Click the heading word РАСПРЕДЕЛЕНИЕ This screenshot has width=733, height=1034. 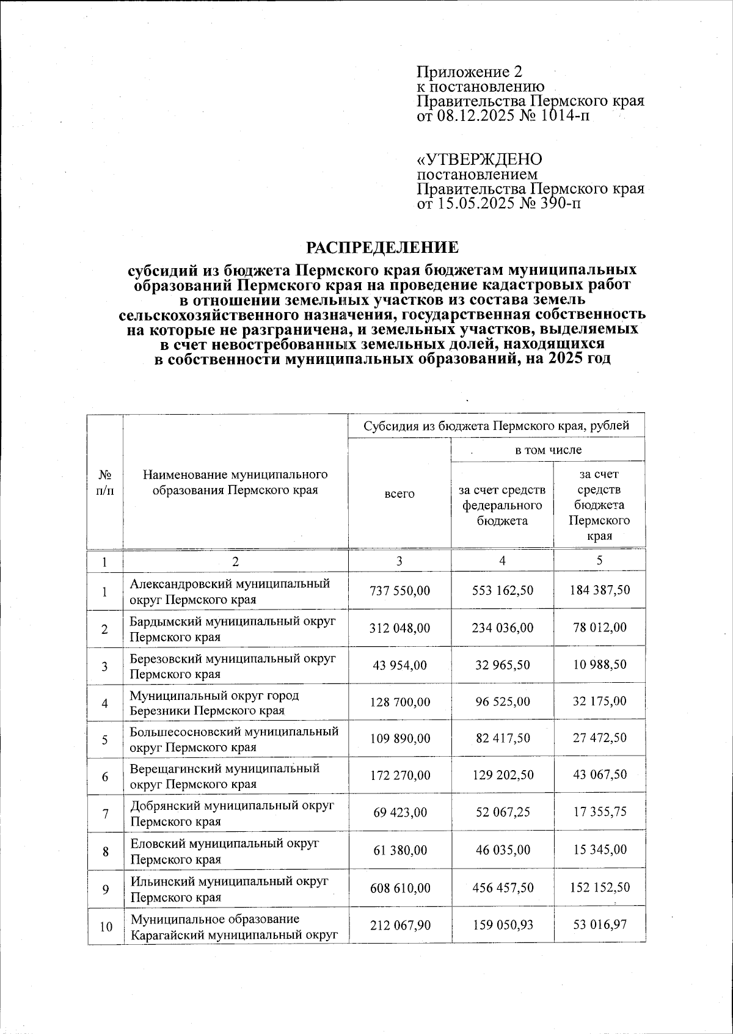coord(382,247)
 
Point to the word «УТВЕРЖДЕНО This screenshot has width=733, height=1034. coord(479,159)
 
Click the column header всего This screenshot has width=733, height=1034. coord(399,493)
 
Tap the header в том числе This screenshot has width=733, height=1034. coord(548,450)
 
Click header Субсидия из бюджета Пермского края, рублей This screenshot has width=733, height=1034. coord(496,426)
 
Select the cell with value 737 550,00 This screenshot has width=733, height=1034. coord(400,591)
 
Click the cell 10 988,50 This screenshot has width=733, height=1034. coord(599,664)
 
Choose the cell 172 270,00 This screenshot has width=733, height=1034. coord(400,775)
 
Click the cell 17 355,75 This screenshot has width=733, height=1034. coord(599,812)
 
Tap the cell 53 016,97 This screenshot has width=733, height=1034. coord(599,925)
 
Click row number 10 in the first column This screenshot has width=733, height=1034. coord(106,927)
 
